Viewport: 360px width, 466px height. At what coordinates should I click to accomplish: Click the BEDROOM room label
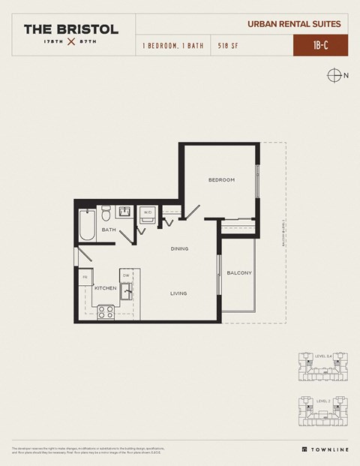221,180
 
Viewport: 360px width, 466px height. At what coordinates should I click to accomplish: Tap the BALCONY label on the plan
238,272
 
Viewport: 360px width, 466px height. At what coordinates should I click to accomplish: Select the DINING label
178,248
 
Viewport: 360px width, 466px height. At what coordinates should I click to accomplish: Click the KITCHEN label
104,287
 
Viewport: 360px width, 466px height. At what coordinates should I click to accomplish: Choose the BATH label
109,230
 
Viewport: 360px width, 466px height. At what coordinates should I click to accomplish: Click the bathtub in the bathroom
87,224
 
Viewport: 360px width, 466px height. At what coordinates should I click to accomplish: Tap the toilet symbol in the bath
106,211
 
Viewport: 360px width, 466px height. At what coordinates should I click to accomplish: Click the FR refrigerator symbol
85,278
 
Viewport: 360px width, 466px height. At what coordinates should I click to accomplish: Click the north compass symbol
334,75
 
